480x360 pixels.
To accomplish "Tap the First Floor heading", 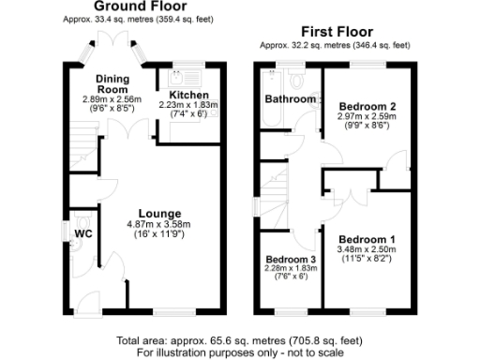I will [x=334, y=31].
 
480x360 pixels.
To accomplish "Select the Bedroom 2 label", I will [x=367, y=107].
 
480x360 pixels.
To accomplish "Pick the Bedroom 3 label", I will [x=290, y=260].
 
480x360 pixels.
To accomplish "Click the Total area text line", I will [x=240, y=340].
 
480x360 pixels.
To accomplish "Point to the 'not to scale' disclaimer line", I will [x=240, y=352].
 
